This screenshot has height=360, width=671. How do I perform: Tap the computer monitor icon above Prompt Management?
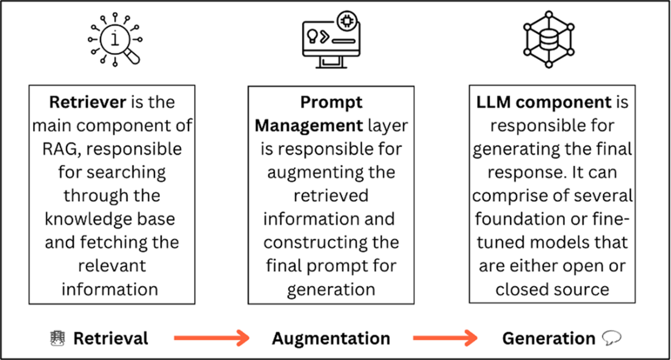tap(331, 41)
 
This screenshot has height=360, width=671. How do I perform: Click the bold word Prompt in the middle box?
tap(331, 101)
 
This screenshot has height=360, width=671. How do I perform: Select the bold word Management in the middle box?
tap(309, 125)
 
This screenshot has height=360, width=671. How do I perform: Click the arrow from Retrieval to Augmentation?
tap(212, 337)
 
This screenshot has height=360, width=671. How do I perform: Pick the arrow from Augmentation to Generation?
tap(445, 337)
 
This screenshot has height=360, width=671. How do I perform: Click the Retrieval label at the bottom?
tap(110, 338)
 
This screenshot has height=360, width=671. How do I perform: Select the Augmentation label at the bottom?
tap(331, 338)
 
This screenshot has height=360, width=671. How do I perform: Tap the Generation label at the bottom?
tap(548, 338)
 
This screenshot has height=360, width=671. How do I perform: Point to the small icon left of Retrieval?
tap(57, 337)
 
